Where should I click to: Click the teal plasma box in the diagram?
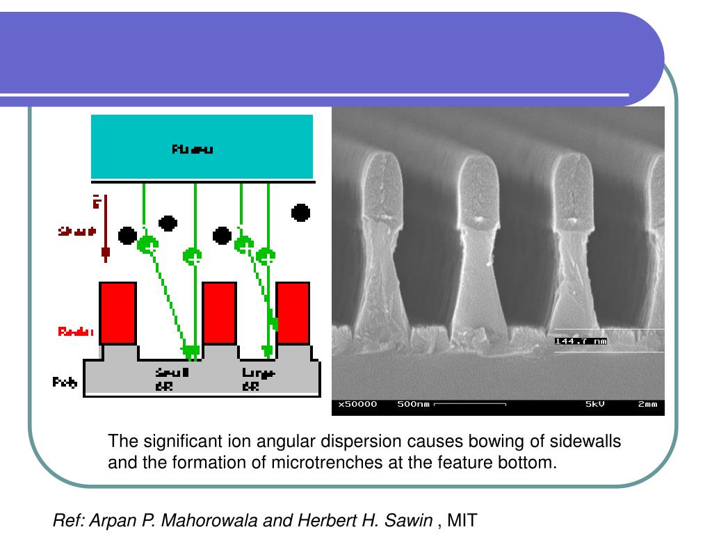[x=202, y=147]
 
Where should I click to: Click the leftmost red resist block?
[x=118, y=313]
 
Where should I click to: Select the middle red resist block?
[x=219, y=313]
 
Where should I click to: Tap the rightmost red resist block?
[x=293, y=313]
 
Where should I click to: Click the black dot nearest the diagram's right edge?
[x=300, y=212]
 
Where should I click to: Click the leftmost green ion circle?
[x=147, y=244]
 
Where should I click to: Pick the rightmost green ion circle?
[x=266, y=256]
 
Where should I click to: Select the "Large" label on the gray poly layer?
[x=259, y=373]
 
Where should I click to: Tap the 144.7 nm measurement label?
[x=581, y=341]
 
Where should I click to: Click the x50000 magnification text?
[x=357, y=404]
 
